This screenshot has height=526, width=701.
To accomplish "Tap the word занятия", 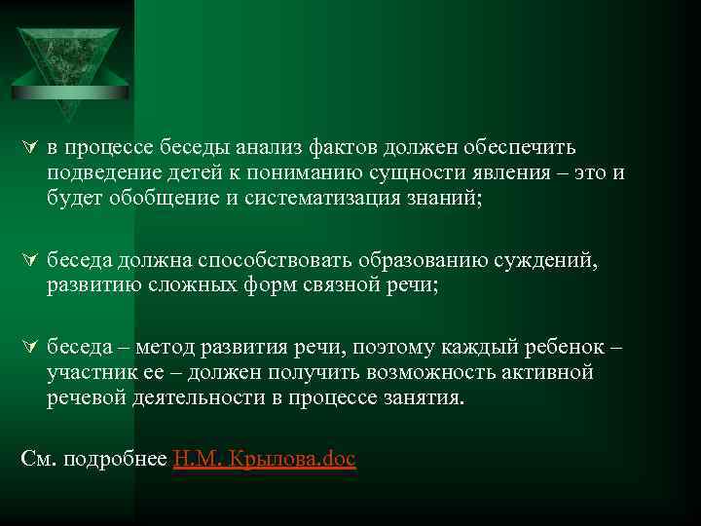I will point(424,398).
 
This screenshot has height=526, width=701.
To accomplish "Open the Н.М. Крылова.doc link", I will point(264,459).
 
